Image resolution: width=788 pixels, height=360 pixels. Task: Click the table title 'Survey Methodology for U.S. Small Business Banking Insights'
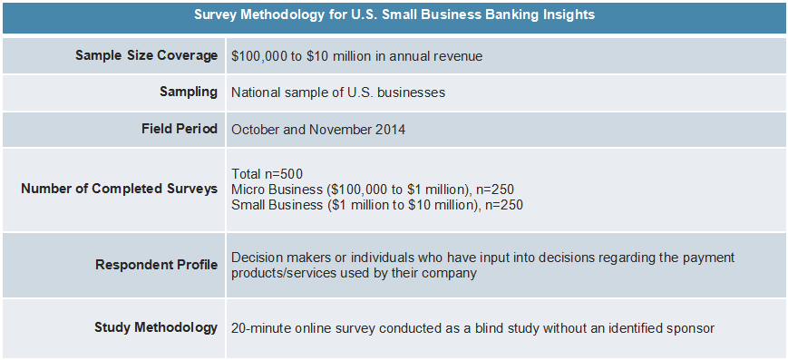pyautogui.click(x=394, y=15)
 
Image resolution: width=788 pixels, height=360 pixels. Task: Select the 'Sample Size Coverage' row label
pyautogui.click(x=147, y=55)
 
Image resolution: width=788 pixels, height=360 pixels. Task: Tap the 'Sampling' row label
pyautogui.click(x=189, y=92)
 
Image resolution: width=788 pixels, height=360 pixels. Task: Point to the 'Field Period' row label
pyautogui.click(x=180, y=129)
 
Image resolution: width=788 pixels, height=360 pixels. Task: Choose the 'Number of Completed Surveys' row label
pyautogui.click(x=119, y=189)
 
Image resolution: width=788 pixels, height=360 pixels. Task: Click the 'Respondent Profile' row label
pyautogui.click(x=156, y=265)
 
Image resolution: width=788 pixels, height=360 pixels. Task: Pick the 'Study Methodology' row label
pyautogui.click(x=156, y=327)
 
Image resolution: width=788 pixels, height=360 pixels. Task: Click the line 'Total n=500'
pyautogui.click(x=267, y=173)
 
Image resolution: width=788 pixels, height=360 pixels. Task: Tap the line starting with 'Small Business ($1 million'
pyautogui.click(x=376, y=204)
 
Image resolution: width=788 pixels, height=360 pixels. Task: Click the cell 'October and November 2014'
pyautogui.click(x=318, y=130)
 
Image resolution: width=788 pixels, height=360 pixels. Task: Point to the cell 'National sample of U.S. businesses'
pyautogui.click(x=338, y=92)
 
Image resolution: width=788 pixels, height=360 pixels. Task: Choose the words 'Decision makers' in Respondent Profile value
pyautogui.click(x=279, y=258)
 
